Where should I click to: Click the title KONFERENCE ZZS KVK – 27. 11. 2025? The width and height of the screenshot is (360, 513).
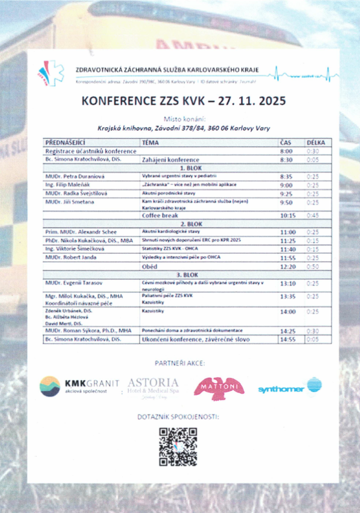click(184, 101)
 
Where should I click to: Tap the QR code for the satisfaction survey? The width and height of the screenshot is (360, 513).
click(178, 446)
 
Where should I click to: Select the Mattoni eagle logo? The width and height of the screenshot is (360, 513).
click(219, 388)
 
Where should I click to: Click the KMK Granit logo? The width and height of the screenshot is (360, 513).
click(79, 386)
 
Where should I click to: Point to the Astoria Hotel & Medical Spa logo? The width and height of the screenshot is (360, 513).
click(153, 386)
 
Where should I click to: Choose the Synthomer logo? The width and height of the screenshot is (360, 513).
click(290, 387)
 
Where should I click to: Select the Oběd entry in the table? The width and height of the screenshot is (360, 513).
click(150, 267)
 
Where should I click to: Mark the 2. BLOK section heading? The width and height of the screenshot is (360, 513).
click(191, 224)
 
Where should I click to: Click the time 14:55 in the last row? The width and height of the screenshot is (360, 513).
click(287, 340)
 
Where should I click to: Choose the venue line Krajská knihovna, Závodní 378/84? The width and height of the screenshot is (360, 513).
click(184, 128)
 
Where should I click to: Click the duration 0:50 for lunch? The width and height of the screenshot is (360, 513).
click(312, 267)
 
